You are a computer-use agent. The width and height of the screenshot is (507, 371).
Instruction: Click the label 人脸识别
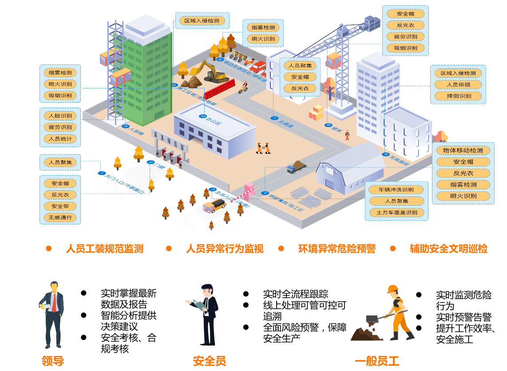60,116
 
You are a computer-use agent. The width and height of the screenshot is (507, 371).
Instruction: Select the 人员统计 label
60,139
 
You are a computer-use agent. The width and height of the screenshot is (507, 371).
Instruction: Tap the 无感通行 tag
60,218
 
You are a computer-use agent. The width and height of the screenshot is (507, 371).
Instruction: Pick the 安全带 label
60,206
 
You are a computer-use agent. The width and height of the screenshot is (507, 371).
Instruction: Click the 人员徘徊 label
459,84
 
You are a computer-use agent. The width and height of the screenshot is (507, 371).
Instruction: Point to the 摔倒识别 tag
459,96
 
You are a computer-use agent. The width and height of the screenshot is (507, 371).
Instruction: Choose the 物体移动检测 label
463,150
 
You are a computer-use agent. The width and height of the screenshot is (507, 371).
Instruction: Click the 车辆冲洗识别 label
396,190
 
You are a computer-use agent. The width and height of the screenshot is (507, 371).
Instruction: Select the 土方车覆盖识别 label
396,213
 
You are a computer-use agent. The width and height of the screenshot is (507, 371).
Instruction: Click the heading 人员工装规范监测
105,249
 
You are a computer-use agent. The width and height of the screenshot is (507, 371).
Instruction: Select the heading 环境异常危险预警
337,249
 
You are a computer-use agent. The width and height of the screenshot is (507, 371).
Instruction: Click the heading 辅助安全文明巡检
448,249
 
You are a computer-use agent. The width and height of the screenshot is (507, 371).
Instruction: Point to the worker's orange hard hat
392,289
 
